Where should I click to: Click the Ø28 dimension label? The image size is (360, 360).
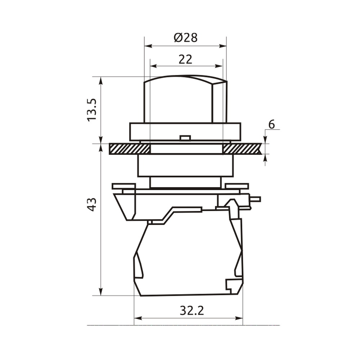pos(185,38)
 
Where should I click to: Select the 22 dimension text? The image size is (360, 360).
pos(185,59)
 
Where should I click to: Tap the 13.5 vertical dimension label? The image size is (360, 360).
pos(92,110)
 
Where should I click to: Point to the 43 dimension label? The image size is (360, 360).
pos(92,204)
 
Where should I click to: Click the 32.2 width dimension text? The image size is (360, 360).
pos(192,311)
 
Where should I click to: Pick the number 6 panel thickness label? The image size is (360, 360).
pos(271,125)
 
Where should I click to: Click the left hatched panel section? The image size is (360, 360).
pos(130,149)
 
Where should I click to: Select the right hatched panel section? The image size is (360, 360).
pos(242,149)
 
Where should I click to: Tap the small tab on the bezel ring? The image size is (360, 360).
pos(185,138)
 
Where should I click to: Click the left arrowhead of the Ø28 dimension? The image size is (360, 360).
pos(148,46)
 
